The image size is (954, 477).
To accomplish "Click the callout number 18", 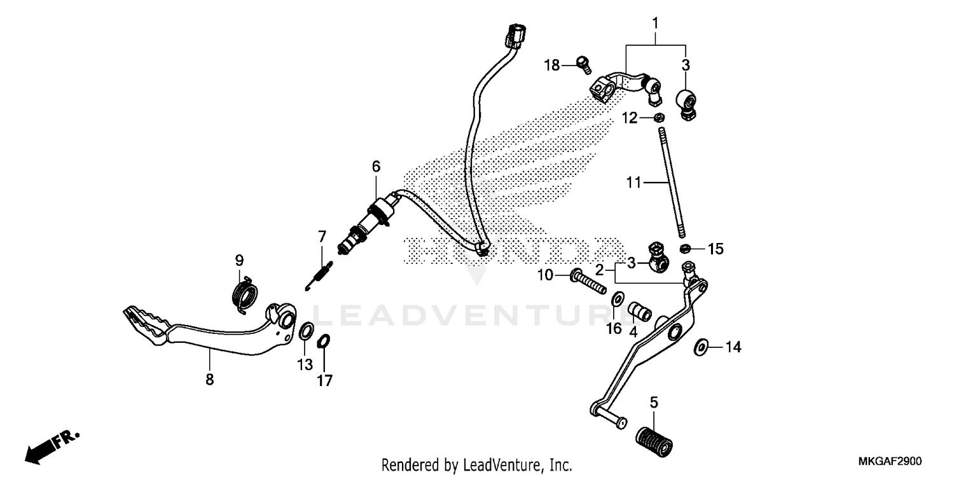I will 551,65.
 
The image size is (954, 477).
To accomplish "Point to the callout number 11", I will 633,183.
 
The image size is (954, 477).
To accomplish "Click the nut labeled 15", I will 686,248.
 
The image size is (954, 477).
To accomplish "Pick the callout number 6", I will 377,149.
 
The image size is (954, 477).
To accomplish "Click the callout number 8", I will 209,380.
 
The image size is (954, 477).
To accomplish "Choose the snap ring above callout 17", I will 323,341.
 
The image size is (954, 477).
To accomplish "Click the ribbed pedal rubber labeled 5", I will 653,438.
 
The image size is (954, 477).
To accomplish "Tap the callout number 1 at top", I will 655,24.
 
